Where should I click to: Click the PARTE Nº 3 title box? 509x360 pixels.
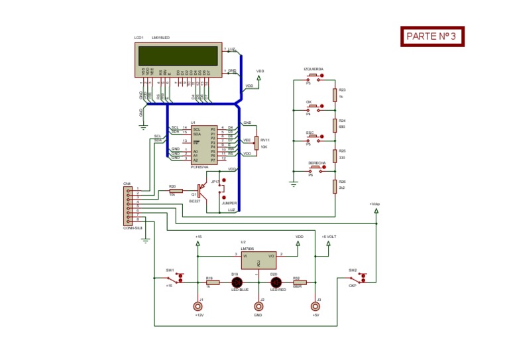tap(431, 36)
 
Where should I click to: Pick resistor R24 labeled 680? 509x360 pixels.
tap(335, 125)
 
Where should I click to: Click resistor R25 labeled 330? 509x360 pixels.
tap(335, 155)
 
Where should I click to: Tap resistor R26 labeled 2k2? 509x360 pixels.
tap(335, 186)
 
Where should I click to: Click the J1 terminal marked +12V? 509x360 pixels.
tap(197, 306)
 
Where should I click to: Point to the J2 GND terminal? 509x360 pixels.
tap(259, 306)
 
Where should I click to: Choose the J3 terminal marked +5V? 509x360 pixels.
tap(315, 306)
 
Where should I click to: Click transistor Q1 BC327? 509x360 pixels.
tap(205, 192)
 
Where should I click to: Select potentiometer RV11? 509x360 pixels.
tap(256, 140)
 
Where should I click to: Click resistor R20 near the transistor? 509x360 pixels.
tap(176, 190)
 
